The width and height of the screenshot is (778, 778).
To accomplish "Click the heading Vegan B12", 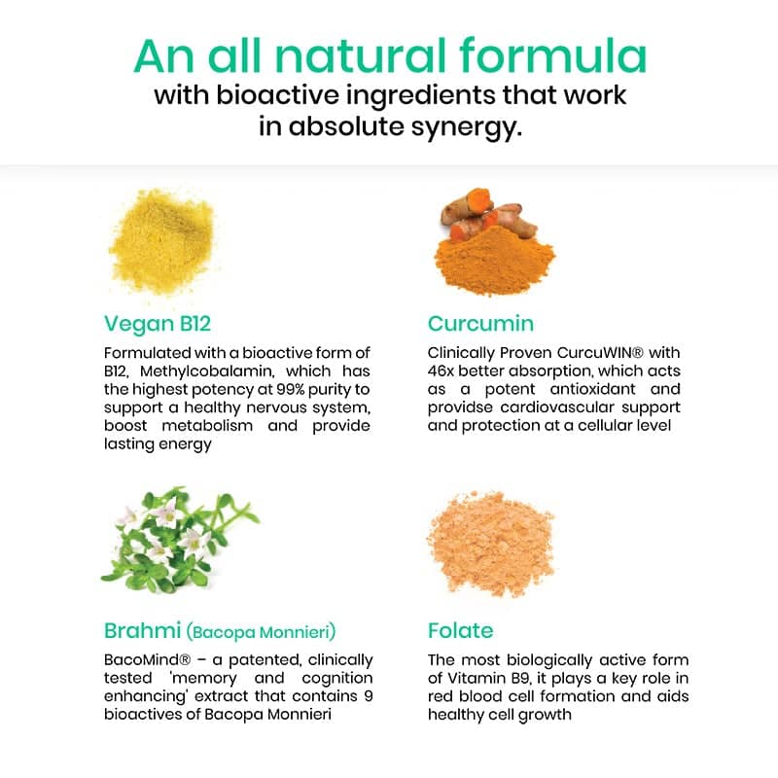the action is [158, 324].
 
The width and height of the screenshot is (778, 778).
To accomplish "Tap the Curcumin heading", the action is [480, 324].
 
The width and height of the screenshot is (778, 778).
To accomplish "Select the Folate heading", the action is [460, 630].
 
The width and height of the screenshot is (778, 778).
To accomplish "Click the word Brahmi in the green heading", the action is [142, 630].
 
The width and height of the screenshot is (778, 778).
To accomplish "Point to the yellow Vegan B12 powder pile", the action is [162, 241].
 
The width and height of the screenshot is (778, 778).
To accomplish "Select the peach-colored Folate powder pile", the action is [491, 543].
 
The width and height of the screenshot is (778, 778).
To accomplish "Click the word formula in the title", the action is [553, 55].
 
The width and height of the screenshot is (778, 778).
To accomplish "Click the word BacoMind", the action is [144, 660].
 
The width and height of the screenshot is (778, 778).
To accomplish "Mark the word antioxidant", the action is [592, 389].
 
